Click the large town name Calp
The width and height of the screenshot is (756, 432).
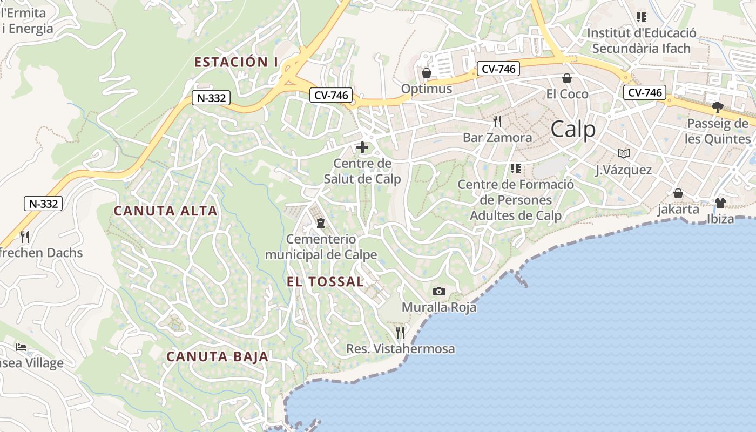click(573, 130)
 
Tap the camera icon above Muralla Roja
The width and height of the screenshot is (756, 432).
click(439, 292)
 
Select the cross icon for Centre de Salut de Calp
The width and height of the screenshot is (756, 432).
click(362, 147)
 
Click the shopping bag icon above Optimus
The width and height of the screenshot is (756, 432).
click(427, 73)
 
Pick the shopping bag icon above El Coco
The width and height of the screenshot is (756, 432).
click(567, 79)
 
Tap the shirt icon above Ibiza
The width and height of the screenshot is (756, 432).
click(720, 203)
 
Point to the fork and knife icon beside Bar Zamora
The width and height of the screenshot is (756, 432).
click(497, 122)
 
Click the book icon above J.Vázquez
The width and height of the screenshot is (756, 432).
click(624, 154)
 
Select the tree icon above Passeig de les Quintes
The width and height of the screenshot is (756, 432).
click(717, 107)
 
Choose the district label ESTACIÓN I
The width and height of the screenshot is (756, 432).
click(236, 62)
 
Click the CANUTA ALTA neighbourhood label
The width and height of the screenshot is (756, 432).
click(166, 211)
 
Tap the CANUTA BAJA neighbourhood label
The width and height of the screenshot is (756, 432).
click(217, 357)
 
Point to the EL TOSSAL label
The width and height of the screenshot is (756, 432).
click(325, 282)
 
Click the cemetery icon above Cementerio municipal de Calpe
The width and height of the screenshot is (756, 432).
click(321, 223)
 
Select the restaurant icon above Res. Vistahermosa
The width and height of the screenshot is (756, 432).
click(400, 332)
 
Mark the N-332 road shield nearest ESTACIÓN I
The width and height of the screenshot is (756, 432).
click(211, 98)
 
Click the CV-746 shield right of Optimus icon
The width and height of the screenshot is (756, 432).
click(498, 69)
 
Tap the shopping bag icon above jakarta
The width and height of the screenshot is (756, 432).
click(678, 193)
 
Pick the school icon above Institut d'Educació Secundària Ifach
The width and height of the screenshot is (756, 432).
click(641, 17)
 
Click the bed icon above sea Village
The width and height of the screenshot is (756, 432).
click(21, 347)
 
